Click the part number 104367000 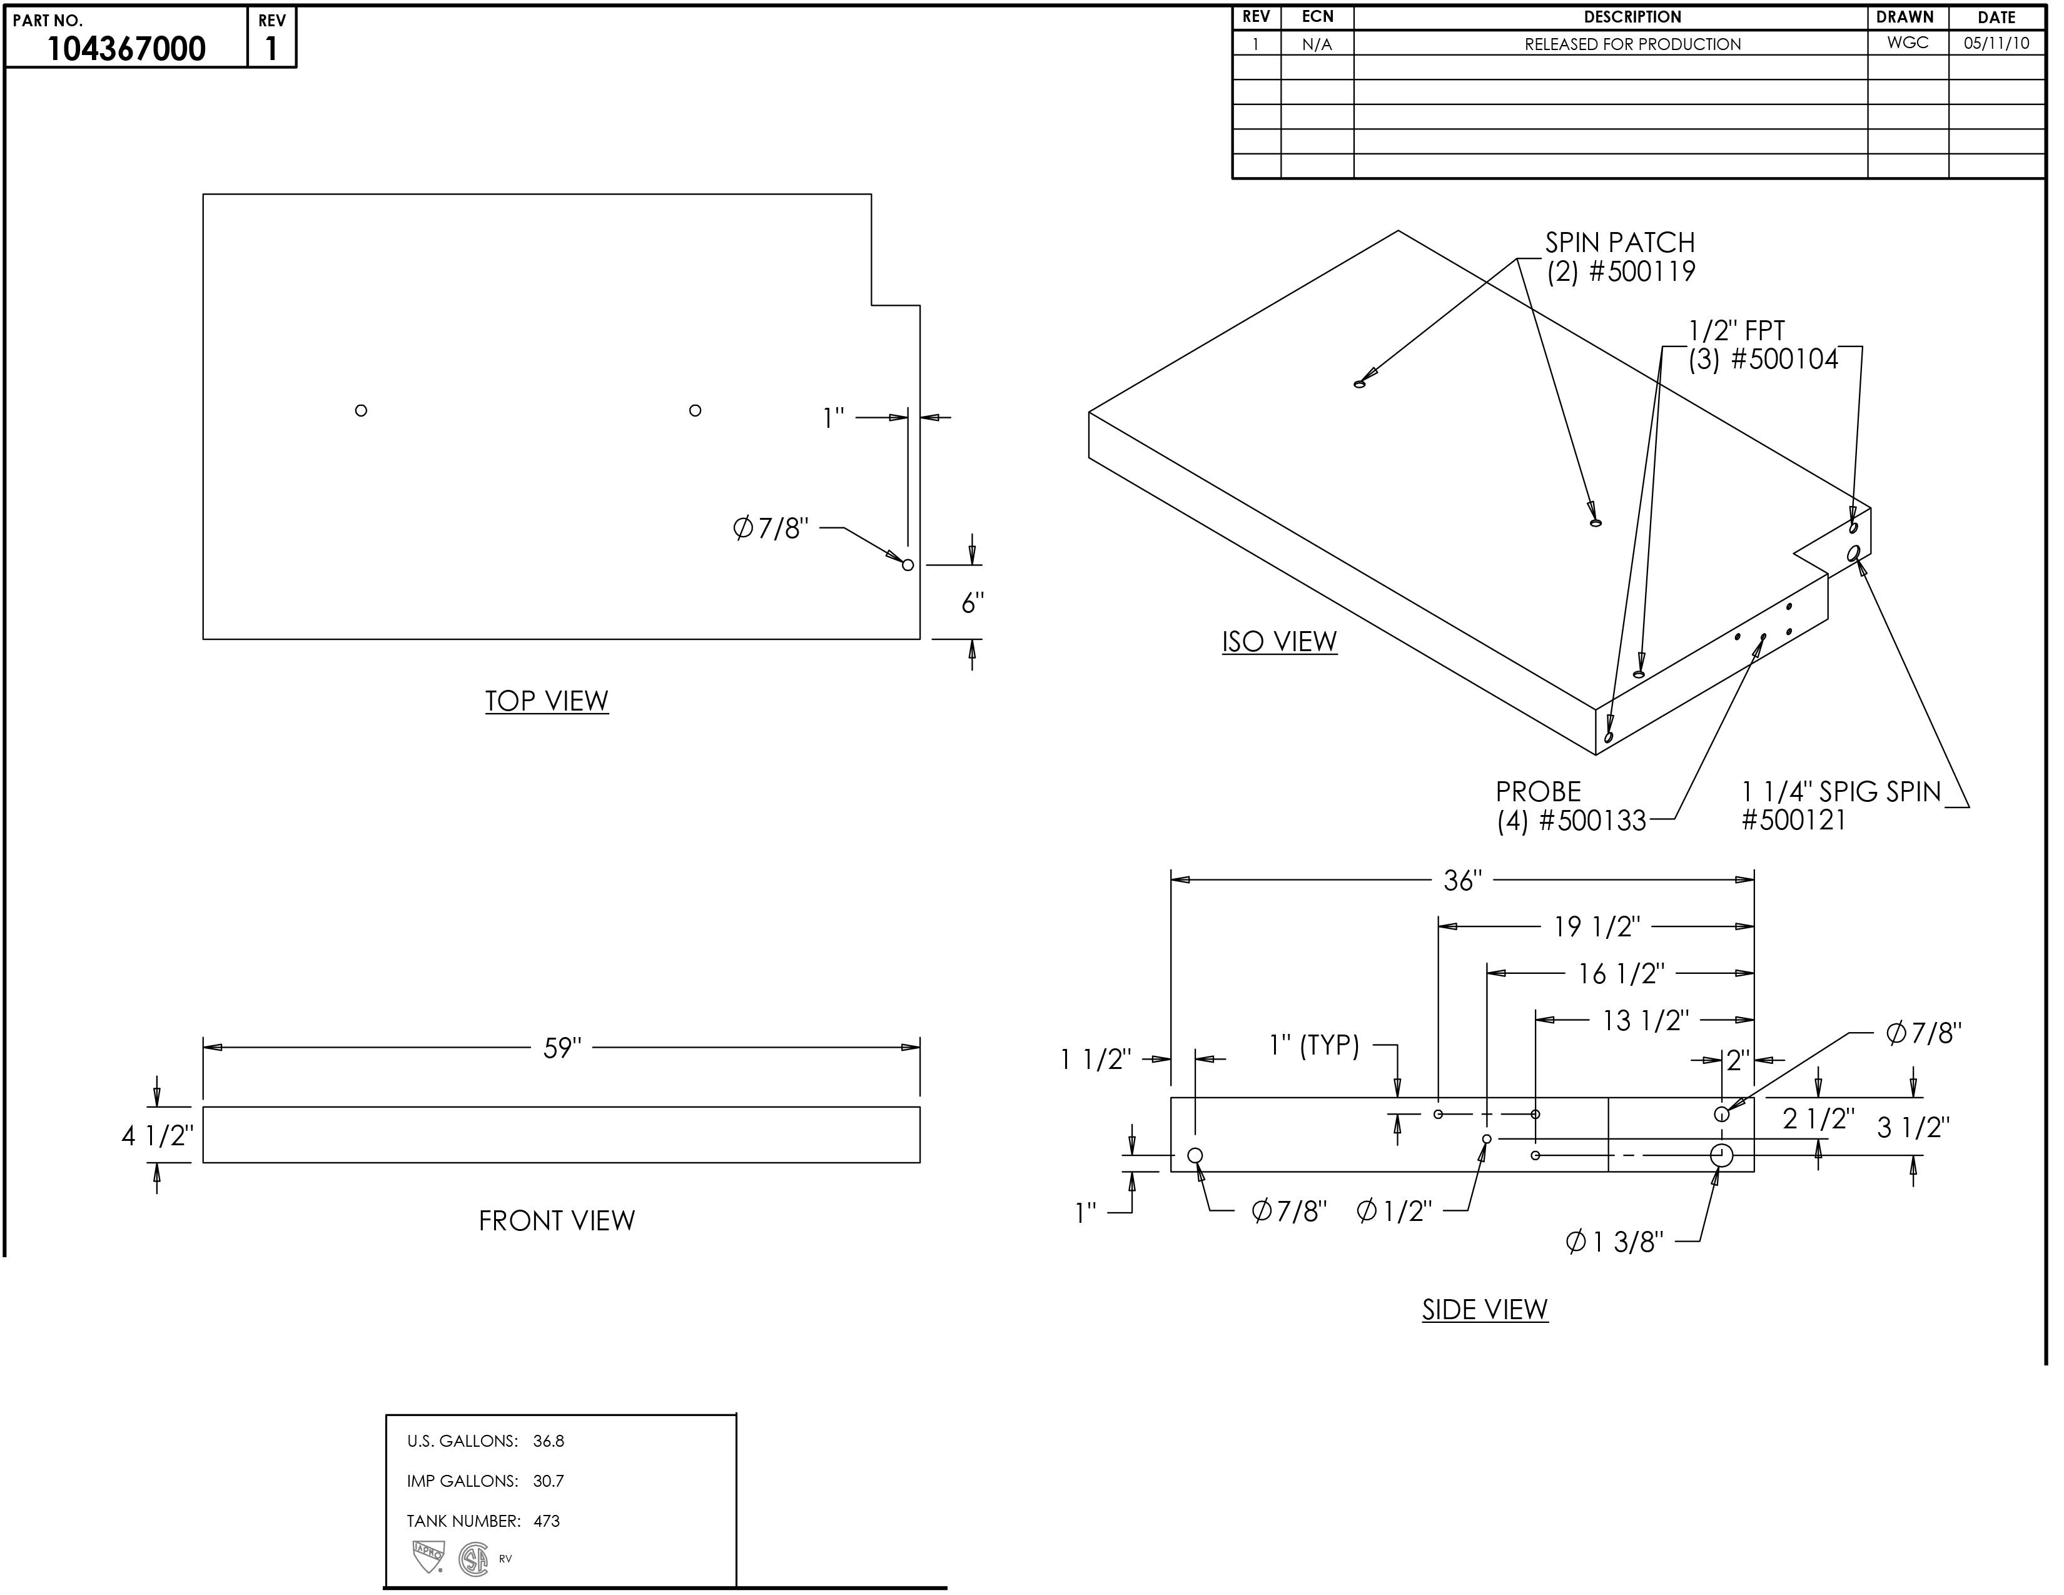126,48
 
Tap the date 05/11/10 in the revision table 1996,43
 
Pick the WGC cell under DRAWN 1907,43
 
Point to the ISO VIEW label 1278,642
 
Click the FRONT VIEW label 557,1221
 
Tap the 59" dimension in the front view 562,1048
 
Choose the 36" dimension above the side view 1462,881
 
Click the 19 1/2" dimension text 1596,927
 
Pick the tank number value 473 546,1521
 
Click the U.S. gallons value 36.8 548,1441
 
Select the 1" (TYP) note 1313,1045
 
